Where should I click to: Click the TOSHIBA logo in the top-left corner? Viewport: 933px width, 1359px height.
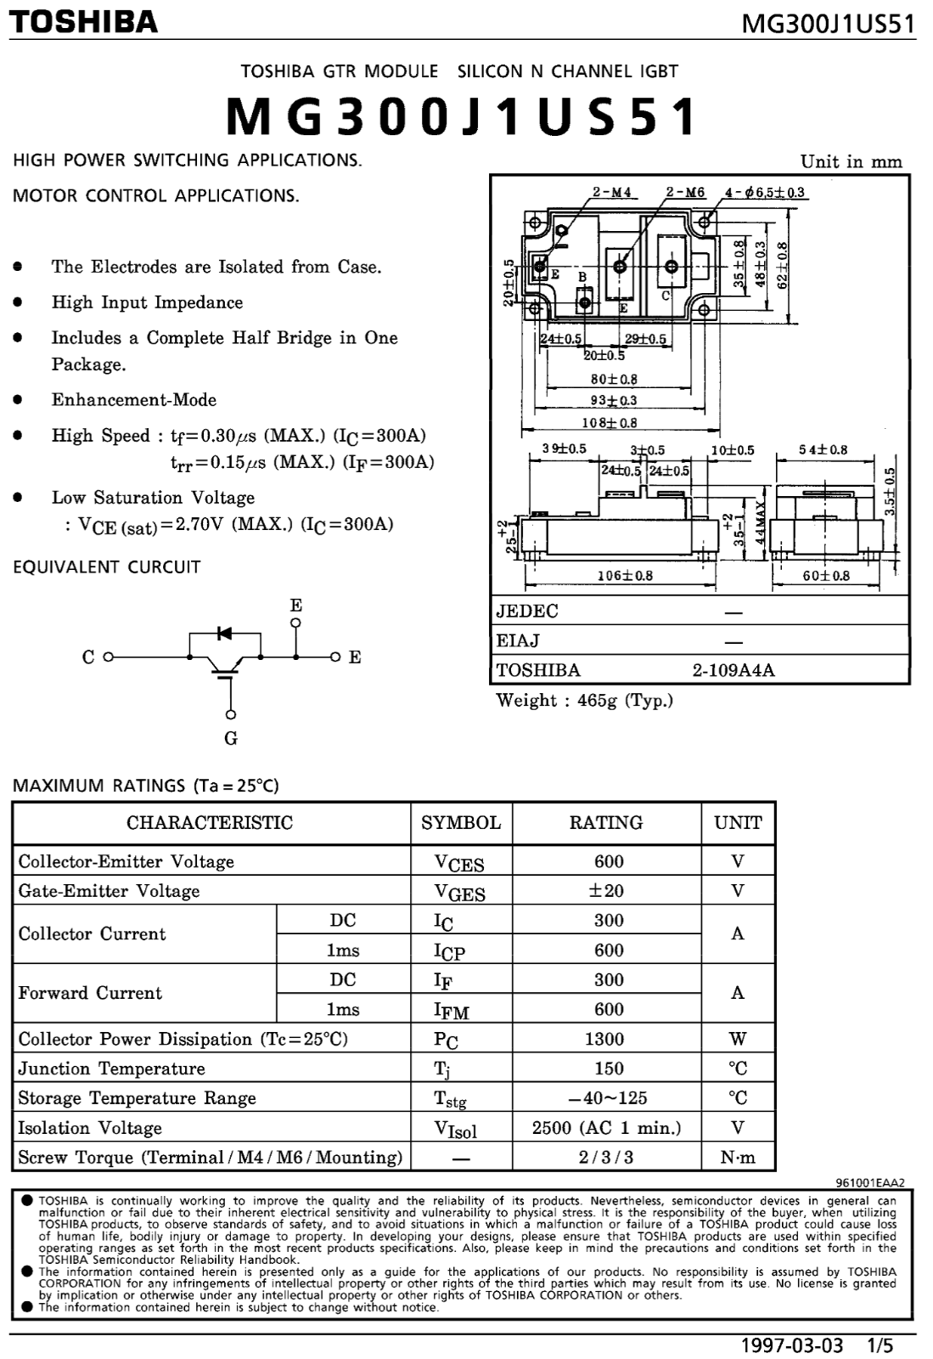click(83, 22)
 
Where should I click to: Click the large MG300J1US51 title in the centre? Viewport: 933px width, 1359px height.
click(462, 116)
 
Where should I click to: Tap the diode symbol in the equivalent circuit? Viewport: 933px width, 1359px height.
click(224, 634)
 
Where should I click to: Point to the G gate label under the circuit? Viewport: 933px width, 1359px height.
click(231, 738)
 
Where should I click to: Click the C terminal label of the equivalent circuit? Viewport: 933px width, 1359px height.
click(88, 657)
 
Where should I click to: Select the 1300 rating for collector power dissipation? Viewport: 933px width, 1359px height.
click(604, 1039)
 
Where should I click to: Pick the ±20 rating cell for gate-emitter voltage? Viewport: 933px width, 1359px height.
click(607, 891)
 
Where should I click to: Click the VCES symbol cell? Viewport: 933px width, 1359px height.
click(459, 863)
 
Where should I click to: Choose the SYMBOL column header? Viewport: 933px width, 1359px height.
click(461, 823)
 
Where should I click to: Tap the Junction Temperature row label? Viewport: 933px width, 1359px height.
click(111, 1069)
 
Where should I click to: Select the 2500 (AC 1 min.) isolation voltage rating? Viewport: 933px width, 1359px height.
click(607, 1128)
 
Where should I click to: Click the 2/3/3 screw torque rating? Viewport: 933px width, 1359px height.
click(606, 1158)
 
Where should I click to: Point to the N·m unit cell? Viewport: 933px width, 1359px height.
click(738, 1158)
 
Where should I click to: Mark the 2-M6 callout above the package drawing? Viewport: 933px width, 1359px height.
click(686, 192)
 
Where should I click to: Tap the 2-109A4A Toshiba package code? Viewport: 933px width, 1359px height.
click(733, 670)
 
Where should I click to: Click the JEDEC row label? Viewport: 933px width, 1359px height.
click(527, 611)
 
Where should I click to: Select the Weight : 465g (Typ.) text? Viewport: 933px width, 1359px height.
click(585, 701)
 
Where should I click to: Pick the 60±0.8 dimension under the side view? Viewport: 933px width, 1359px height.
click(826, 576)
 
